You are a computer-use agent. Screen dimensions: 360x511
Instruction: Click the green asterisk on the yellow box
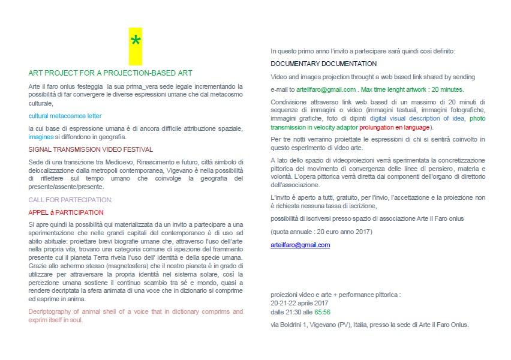coord(136,41)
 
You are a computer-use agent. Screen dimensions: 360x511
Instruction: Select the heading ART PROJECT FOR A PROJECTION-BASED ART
coord(110,73)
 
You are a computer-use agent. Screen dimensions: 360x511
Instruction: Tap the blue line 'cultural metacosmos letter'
coord(65,115)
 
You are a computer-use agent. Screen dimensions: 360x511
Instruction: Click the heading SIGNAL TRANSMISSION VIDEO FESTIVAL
coord(91,149)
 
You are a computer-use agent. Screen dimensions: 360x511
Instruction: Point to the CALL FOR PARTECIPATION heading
coord(70,199)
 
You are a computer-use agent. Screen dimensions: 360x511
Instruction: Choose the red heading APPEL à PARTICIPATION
coord(66,212)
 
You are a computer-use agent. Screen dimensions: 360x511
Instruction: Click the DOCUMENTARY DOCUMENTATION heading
coord(324,64)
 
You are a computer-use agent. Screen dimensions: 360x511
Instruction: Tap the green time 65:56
coord(322,312)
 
